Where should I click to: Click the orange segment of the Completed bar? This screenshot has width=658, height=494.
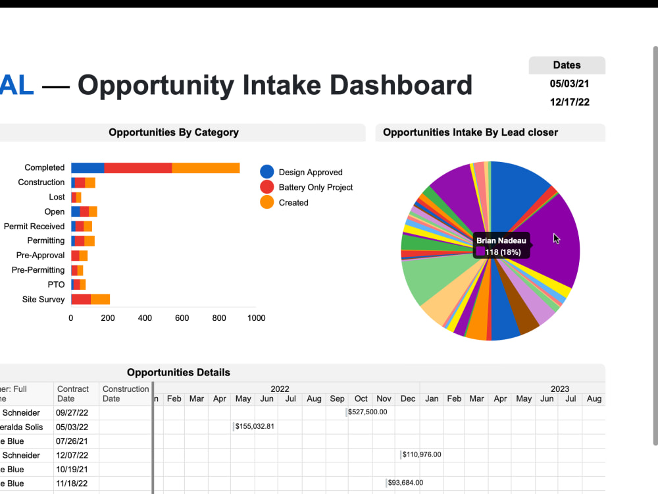pos(205,168)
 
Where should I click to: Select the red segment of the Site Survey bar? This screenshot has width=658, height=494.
pos(80,299)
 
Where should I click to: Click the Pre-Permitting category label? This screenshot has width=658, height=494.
pos(38,270)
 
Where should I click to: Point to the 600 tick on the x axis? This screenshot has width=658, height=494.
pos(182,318)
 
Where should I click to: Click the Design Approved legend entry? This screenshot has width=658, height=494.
pos(310,173)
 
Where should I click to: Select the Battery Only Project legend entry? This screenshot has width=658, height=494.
pos(315,188)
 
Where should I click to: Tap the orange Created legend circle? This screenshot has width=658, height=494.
pos(267,202)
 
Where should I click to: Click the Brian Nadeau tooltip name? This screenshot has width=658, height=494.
pos(501,241)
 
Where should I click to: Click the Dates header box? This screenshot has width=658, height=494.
pos(567,65)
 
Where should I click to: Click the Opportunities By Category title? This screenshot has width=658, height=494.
pos(174,132)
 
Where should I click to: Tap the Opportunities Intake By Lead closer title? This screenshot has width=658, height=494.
pos(470,132)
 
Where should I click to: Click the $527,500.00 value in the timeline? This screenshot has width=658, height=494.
pos(368,412)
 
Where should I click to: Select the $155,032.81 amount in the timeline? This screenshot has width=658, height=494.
pos(255,427)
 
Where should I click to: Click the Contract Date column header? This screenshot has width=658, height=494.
pos(73,393)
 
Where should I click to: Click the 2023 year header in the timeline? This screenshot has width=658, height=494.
pos(559,389)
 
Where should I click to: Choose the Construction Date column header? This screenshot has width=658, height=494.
pos(126,393)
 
